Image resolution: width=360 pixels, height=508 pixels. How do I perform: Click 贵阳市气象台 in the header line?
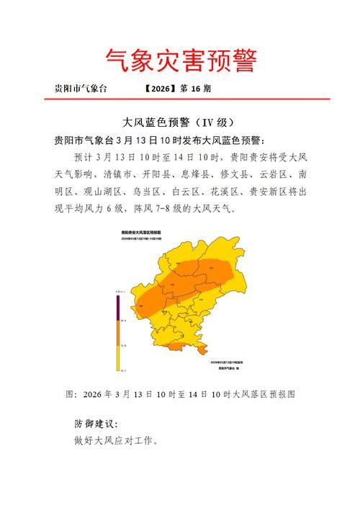point(81,89)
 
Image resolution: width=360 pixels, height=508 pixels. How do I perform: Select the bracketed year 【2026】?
point(160,89)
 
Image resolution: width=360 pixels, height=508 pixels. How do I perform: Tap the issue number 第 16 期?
point(196,89)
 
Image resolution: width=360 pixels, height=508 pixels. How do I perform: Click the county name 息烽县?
point(199,174)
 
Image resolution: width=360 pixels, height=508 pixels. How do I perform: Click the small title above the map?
point(141,233)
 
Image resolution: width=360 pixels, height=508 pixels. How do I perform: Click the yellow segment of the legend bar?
point(118,358)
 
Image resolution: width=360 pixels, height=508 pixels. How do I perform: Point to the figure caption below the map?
point(180,395)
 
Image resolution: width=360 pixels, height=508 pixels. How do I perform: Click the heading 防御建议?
point(96,424)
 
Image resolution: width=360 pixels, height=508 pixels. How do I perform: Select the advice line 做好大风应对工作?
point(115,440)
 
